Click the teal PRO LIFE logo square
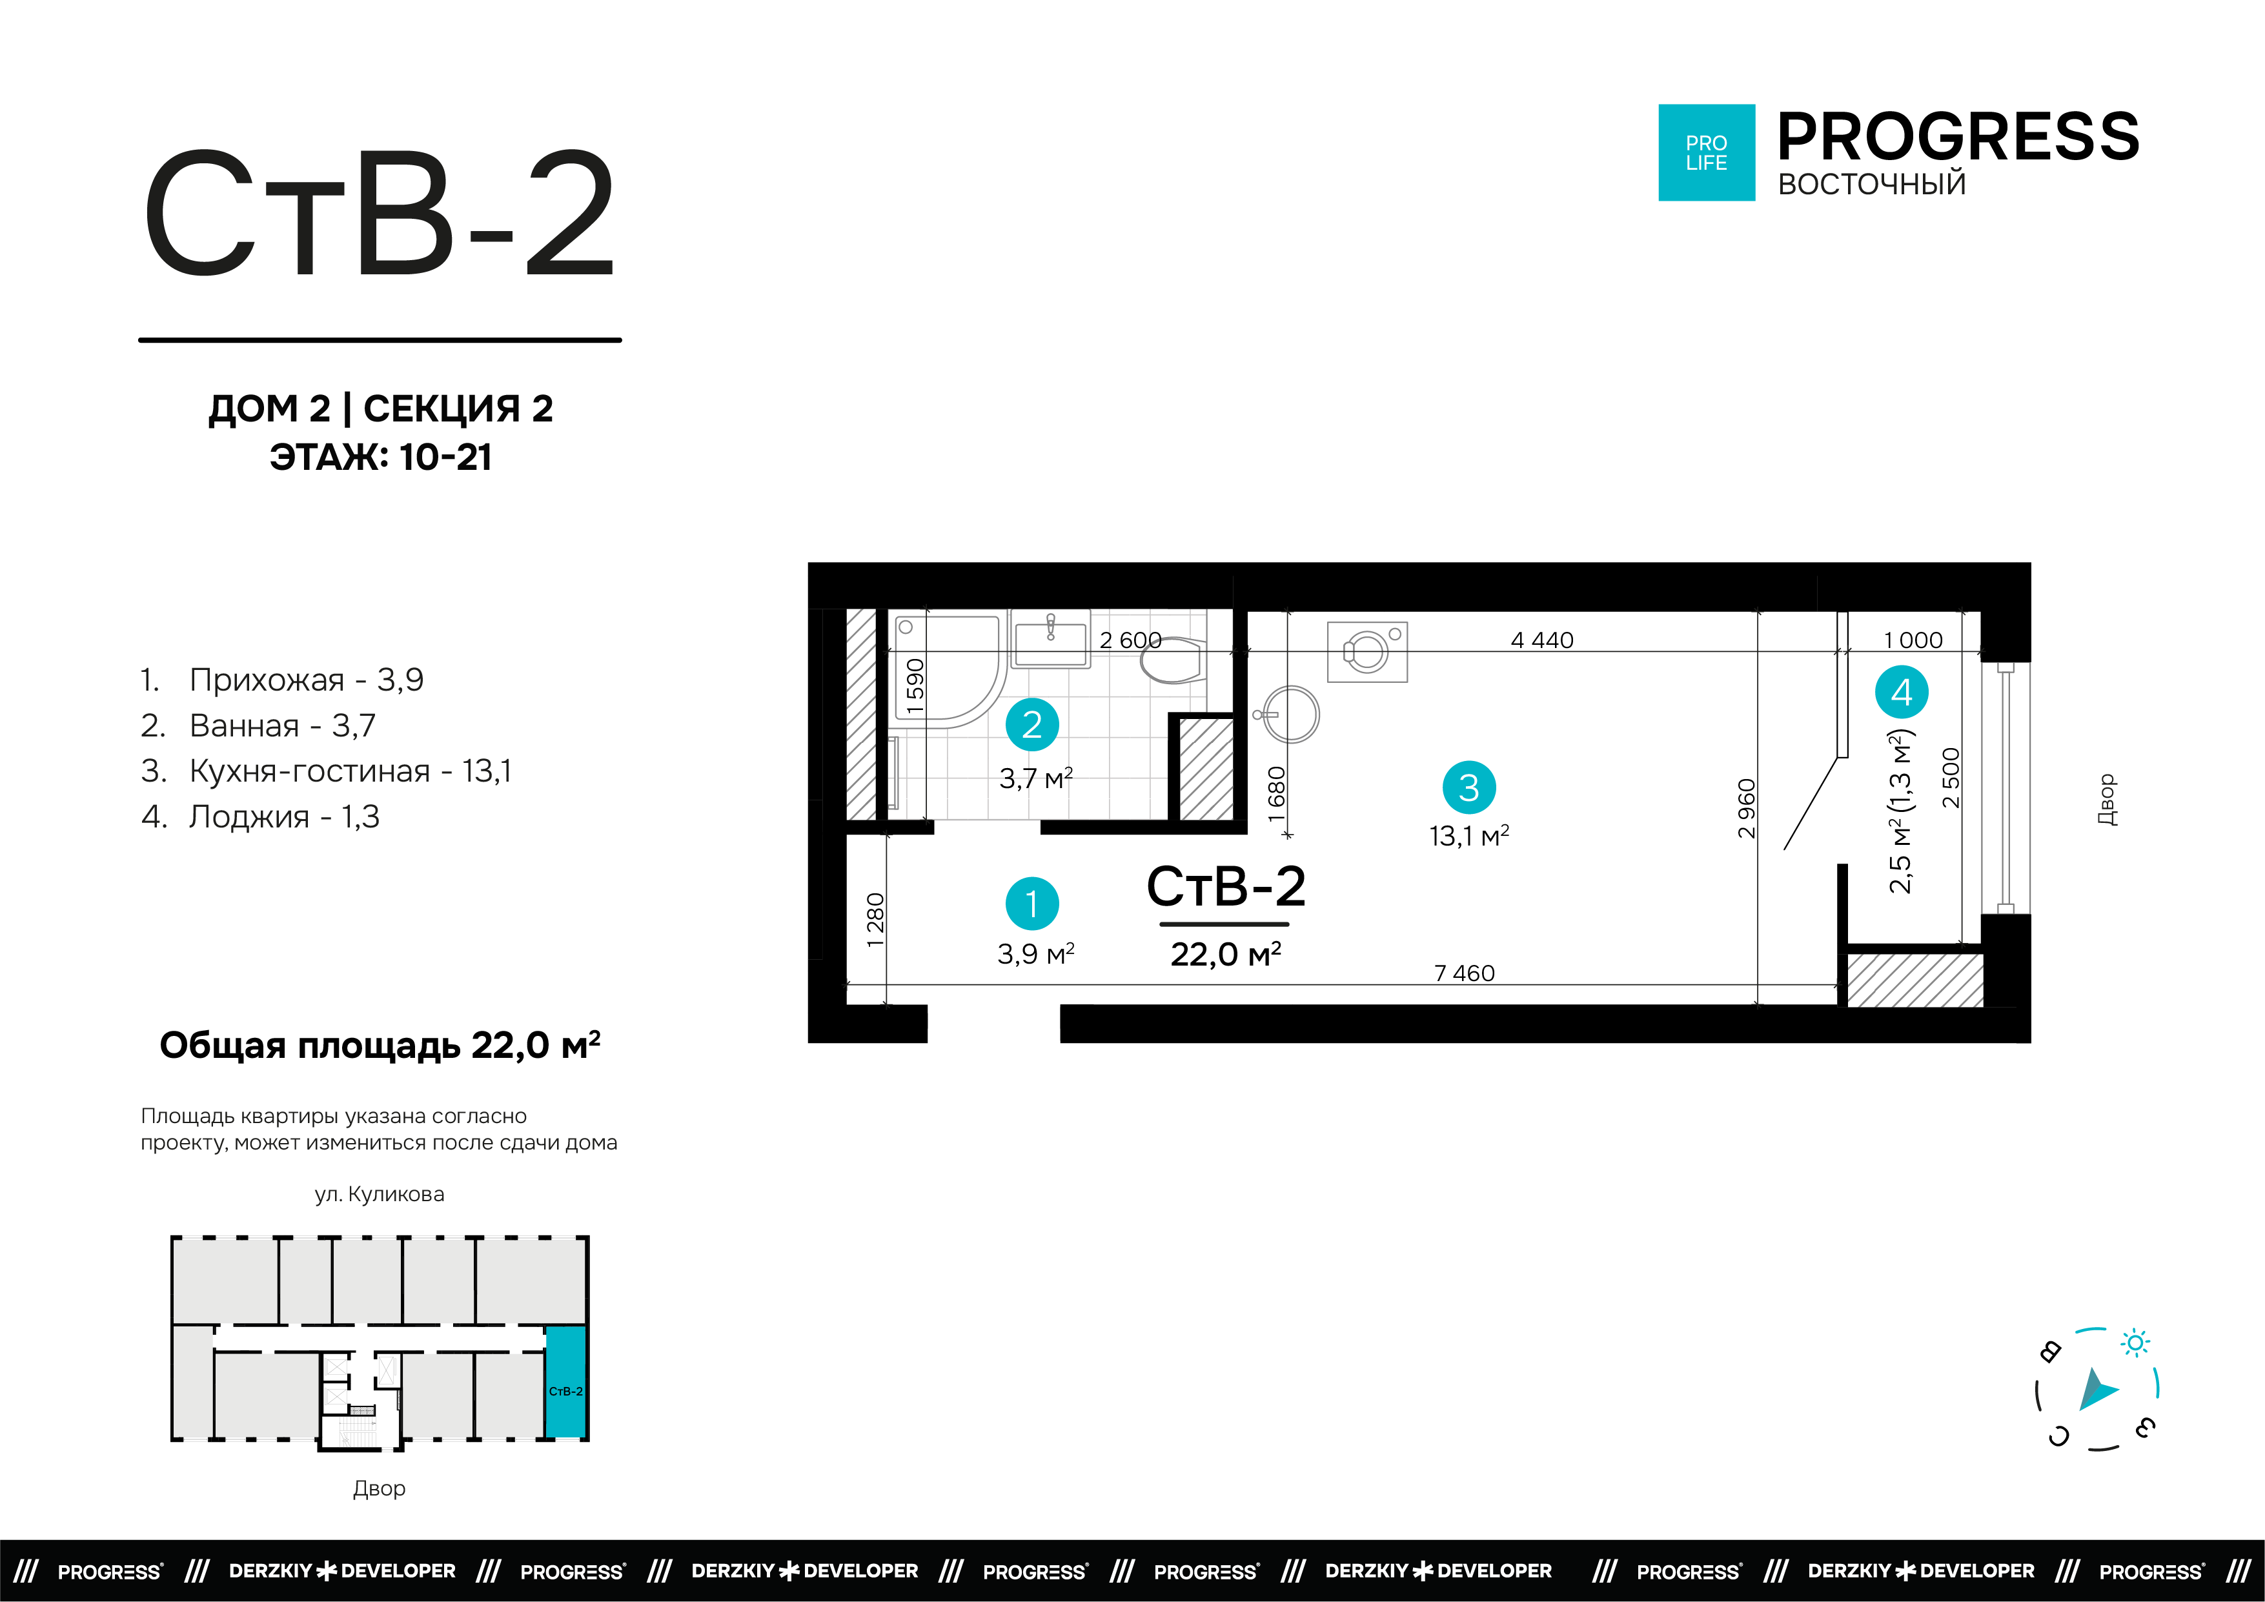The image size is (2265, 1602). coord(1705,153)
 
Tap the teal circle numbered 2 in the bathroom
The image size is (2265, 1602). coord(1032,725)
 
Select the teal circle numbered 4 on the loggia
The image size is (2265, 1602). coord(1901,693)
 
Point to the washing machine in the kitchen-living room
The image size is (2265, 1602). coord(1366,652)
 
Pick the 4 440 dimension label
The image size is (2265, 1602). coord(1542,640)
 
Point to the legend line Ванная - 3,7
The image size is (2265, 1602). coord(258,726)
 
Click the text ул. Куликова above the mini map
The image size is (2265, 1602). coord(380,1195)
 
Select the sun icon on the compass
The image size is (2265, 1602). coord(2136,1343)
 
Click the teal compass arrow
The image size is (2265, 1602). coord(2097,1391)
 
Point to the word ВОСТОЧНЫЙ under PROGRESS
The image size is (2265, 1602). coord(1871,185)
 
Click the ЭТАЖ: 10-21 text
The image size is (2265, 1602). coord(381,458)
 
